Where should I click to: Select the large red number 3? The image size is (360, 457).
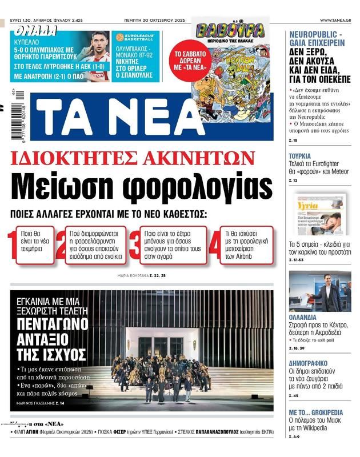pyautogui.click(x=134, y=244)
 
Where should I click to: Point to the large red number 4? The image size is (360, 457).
pyautogui.click(x=214, y=244)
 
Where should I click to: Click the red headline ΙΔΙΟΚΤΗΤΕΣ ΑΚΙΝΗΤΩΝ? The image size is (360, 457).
pyautogui.click(x=141, y=157)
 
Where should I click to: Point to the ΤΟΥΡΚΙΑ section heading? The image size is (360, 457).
pyautogui.click(x=300, y=156)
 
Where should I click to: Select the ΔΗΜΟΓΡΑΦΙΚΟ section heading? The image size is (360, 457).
pyautogui.click(x=308, y=363)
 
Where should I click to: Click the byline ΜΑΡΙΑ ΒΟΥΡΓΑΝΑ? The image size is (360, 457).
pyautogui.click(x=132, y=276)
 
